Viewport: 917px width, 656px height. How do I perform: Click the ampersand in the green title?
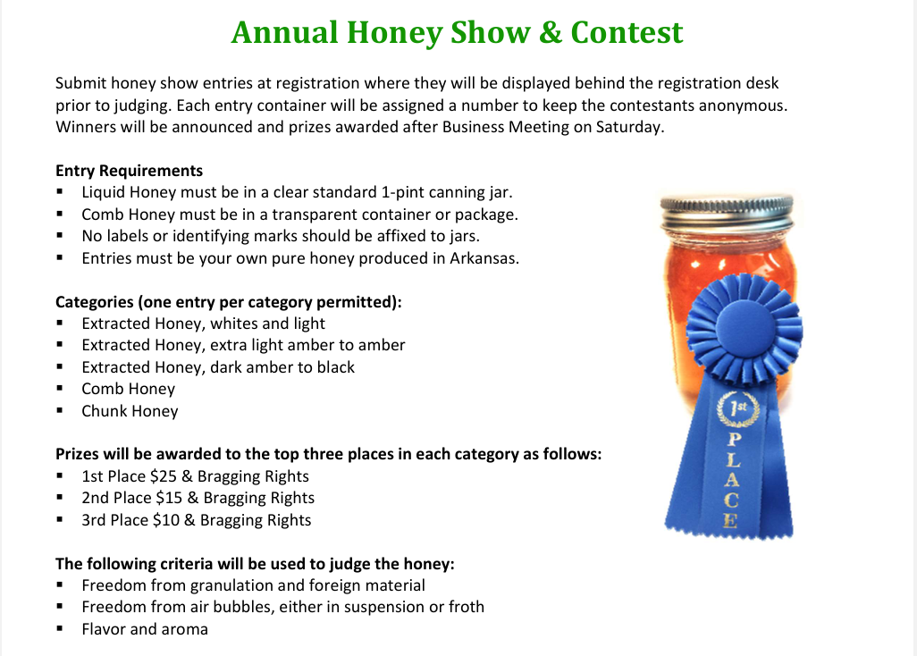(x=551, y=32)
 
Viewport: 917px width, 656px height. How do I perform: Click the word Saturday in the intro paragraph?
(x=629, y=127)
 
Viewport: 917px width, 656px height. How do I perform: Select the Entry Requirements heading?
(x=130, y=171)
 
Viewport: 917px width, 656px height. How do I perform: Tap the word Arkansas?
(x=484, y=257)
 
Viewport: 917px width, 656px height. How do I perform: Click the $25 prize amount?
(x=164, y=476)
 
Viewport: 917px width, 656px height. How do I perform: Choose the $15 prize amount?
(x=169, y=498)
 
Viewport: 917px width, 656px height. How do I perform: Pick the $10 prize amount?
(x=166, y=520)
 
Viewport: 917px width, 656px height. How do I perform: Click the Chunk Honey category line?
(x=130, y=411)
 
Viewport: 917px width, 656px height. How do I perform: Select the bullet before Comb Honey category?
(x=60, y=389)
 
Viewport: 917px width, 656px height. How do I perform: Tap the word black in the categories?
(x=336, y=367)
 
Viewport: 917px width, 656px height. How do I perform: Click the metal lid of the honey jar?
(x=727, y=214)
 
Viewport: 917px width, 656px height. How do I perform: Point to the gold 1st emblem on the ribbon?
(x=738, y=408)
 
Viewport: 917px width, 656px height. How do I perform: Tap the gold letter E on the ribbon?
(x=730, y=520)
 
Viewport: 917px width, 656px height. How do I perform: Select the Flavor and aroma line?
(x=145, y=629)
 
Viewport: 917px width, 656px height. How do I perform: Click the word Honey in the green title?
(x=395, y=33)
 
